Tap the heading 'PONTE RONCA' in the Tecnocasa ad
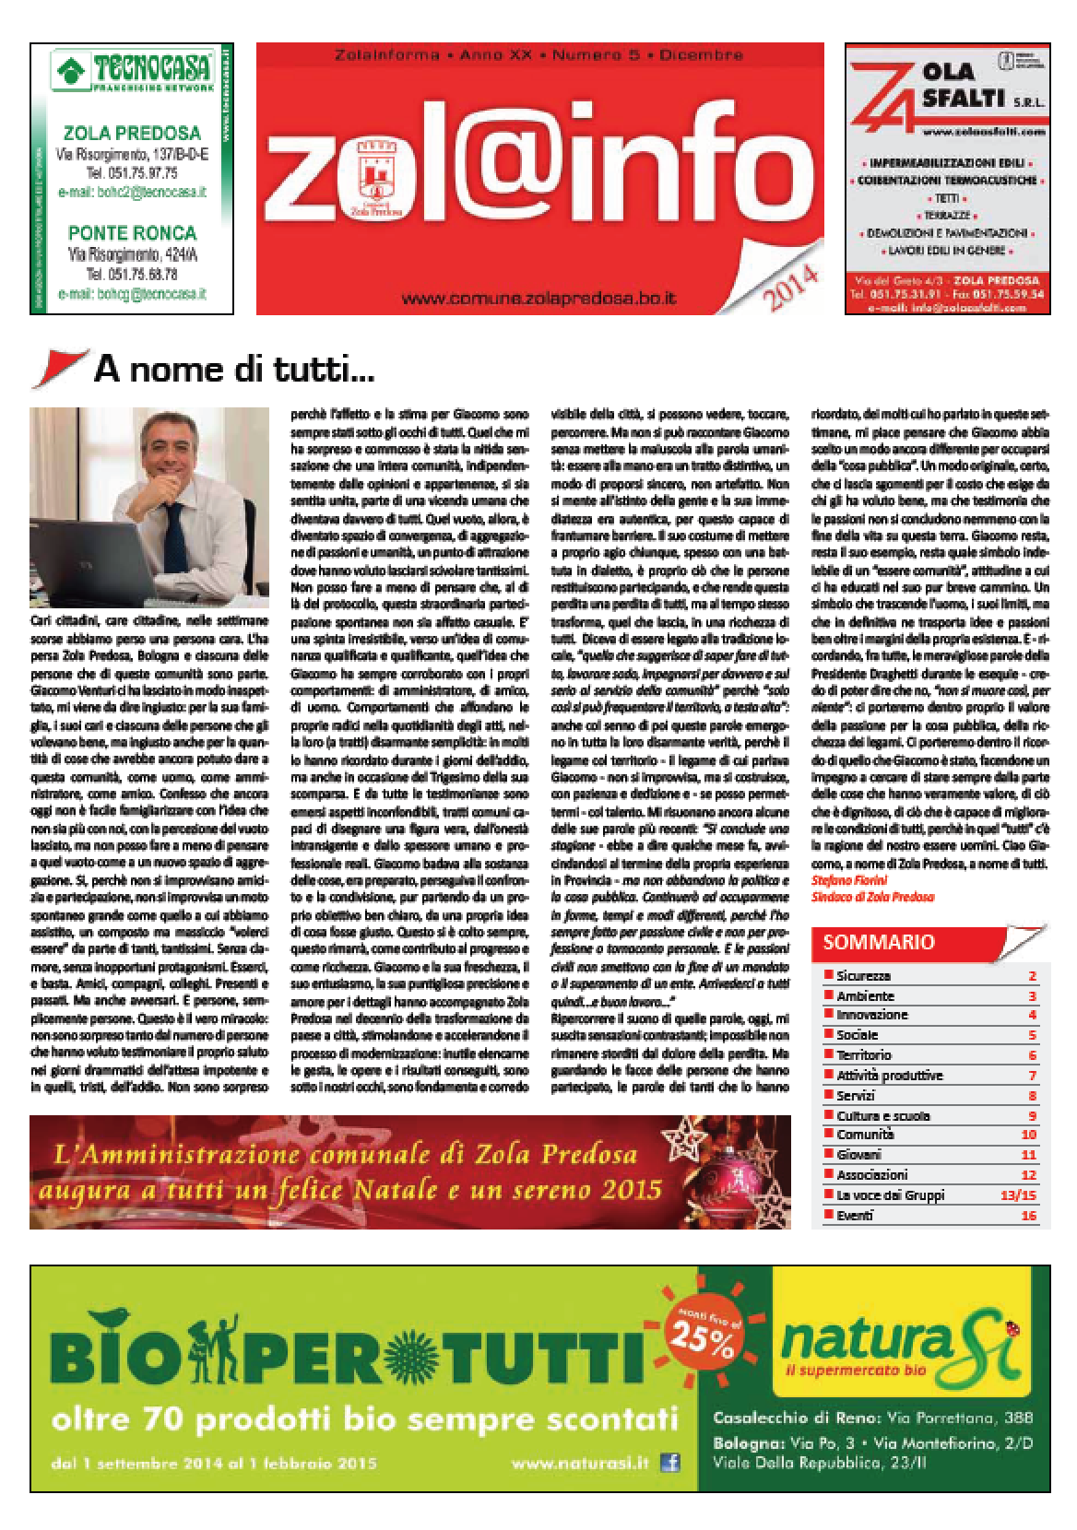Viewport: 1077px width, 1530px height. (129, 231)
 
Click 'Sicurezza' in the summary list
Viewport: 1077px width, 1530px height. (863, 975)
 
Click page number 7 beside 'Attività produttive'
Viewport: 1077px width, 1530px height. (1033, 1076)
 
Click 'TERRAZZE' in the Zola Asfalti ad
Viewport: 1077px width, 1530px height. (948, 216)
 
